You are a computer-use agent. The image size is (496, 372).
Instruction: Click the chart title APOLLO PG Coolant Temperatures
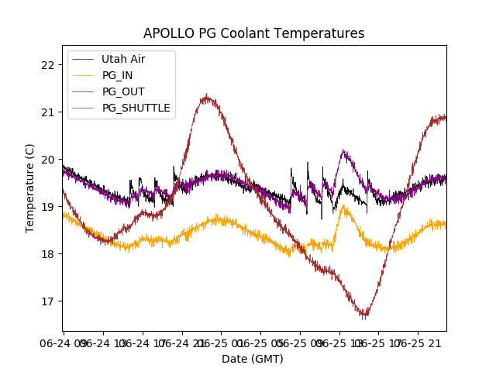253,33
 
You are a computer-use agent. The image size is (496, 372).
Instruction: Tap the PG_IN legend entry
117,75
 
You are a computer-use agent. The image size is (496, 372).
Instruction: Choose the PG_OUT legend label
122,91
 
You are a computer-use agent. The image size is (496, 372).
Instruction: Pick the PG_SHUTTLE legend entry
136,108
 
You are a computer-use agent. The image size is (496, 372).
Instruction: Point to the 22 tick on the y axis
48,64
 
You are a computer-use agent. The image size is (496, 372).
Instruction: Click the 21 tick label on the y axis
48,112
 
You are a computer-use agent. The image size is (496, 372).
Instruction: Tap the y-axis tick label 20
48,159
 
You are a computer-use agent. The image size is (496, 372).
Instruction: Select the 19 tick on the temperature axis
48,206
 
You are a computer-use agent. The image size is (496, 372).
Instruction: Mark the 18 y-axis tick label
48,253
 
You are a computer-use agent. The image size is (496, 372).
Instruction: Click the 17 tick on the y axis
48,301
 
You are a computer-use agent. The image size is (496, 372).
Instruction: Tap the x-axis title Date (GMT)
253,359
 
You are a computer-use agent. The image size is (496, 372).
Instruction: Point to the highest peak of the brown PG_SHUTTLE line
206,97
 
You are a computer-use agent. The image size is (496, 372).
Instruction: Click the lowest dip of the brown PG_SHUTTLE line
363,316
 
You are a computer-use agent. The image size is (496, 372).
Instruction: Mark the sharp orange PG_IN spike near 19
343,206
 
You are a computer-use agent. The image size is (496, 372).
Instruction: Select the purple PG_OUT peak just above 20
343,151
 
